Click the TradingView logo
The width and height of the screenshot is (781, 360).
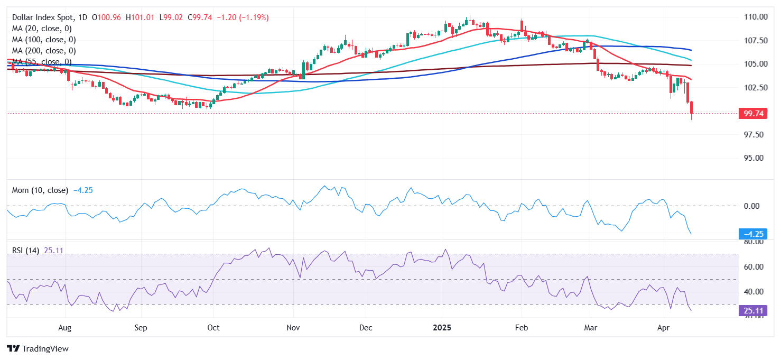pos(38,349)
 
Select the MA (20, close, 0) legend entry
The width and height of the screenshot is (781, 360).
pos(42,29)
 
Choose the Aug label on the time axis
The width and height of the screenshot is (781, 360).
pos(64,328)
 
